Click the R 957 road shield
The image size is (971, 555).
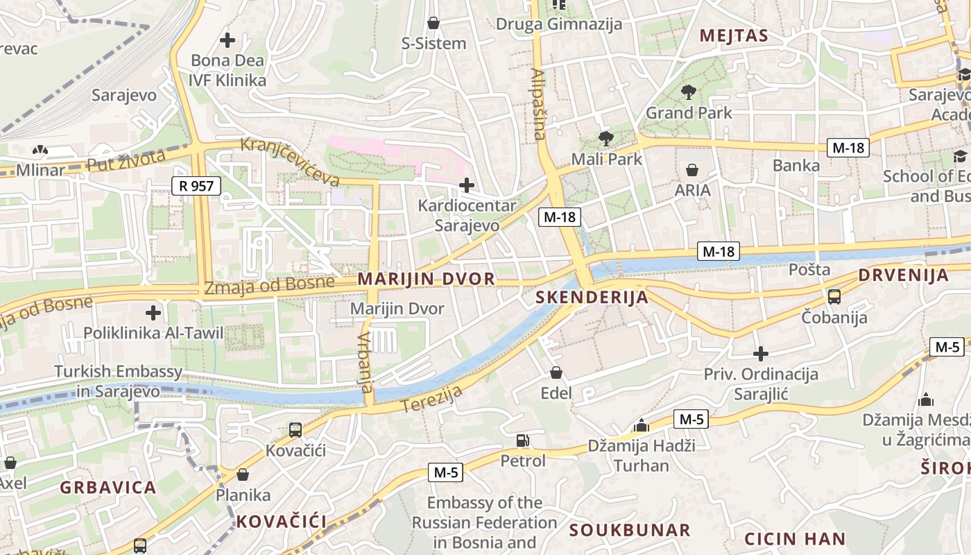pyautogui.click(x=196, y=185)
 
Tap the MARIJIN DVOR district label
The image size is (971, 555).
pyautogui.click(x=426, y=279)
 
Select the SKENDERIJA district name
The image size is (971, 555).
pyautogui.click(x=592, y=298)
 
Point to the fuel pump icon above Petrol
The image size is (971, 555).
pyautogui.click(x=522, y=440)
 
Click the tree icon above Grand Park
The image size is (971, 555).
pyautogui.click(x=688, y=91)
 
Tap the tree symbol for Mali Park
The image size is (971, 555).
pyautogui.click(x=605, y=138)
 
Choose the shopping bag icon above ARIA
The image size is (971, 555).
pyautogui.click(x=691, y=169)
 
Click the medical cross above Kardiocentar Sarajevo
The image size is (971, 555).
pyautogui.click(x=467, y=185)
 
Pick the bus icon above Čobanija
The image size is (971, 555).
pyautogui.click(x=834, y=297)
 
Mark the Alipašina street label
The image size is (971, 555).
pyautogui.click(x=539, y=104)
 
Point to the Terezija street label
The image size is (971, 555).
pyautogui.click(x=431, y=400)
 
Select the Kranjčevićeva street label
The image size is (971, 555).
pyautogui.click(x=290, y=162)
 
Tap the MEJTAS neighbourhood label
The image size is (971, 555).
pyautogui.click(x=734, y=36)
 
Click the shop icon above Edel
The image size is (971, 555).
pyautogui.click(x=556, y=373)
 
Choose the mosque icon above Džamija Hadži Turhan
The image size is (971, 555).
pyautogui.click(x=642, y=425)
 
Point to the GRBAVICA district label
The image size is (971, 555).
pyautogui.click(x=108, y=487)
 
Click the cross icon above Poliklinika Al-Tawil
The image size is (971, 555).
pyautogui.click(x=153, y=313)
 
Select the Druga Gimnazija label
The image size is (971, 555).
pyautogui.click(x=558, y=24)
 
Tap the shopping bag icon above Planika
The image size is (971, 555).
pyautogui.click(x=243, y=475)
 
